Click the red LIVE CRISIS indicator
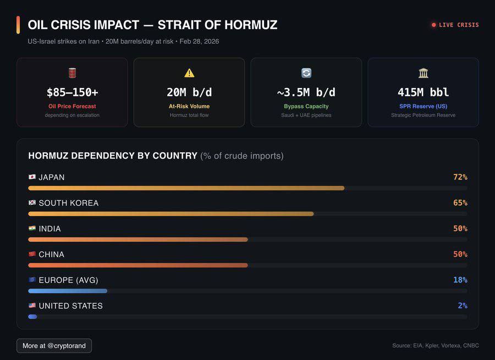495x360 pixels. pos(455,25)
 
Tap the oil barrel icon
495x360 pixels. pos(72,73)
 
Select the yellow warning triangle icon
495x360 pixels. pos(189,73)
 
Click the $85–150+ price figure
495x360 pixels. pos(72,92)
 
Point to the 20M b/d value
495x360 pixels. pos(189,92)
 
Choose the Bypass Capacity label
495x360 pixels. pos(306,106)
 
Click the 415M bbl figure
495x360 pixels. pos(423,92)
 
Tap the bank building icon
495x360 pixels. pos(423,73)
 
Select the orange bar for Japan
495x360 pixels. pos(186,188)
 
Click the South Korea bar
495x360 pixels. pos(170,214)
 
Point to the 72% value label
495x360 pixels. pos(460,177)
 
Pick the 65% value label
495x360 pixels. pos(460,203)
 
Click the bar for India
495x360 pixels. pos(137,239)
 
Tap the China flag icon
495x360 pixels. pos(32,254)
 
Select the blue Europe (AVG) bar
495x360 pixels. pos(68,291)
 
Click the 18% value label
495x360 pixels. pos(460,280)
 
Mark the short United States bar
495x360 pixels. pos(32,317)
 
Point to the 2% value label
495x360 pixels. pos(463,306)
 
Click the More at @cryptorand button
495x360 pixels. pos(54,346)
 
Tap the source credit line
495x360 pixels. pos(435,346)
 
